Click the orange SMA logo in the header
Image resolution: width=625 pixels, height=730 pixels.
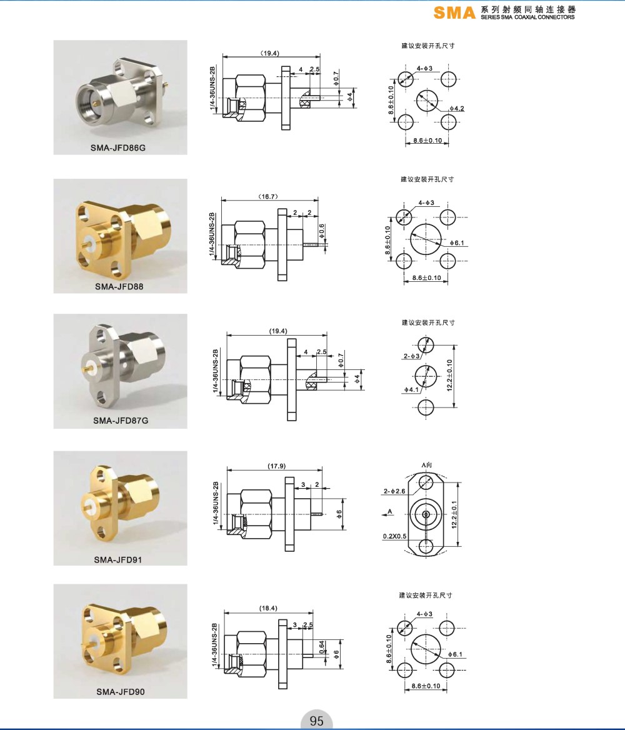[x=454, y=12]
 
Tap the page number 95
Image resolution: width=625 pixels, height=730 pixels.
[x=316, y=721]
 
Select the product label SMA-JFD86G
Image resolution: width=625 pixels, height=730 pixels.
[x=118, y=147]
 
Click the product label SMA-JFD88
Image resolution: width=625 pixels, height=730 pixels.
[x=119, y=286]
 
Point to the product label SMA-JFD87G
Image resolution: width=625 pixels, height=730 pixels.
[x=121, y=421]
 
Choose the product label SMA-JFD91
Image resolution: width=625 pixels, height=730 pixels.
[x=118, y=559]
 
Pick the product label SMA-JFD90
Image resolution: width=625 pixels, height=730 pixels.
[x=121, y=692]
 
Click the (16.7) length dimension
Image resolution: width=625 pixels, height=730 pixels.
[x=268, y=196]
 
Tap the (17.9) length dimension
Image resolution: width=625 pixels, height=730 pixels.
[x=277, y=466]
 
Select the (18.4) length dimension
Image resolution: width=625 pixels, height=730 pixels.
[x=268, y=608]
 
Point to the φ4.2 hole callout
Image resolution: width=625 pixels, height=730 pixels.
[x=456, y=109]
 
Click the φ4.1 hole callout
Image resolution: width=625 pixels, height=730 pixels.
[x=411, y=389]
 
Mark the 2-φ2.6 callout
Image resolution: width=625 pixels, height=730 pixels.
[x=394, y=491]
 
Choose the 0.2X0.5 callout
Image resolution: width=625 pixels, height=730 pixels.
[x=394, y=536]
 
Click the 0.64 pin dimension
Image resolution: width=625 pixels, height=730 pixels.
[x=322, y=647]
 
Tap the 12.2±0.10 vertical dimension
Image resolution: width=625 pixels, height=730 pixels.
[x=450, y=375]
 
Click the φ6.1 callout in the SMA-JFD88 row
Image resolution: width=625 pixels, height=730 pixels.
[x=457, y=243]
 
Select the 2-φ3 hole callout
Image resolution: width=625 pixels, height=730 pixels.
[x=411, y=356]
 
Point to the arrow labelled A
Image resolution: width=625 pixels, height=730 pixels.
[x=387, y=514]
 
